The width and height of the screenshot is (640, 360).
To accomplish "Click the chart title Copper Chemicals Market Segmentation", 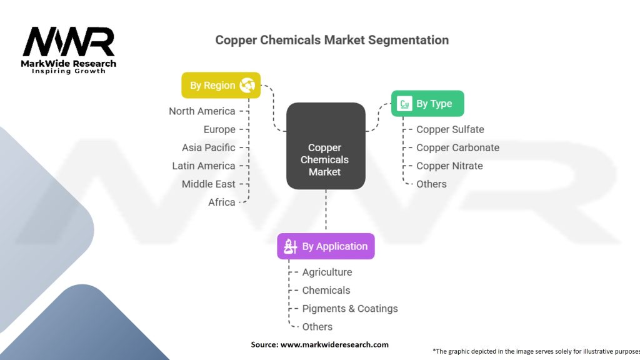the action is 332,40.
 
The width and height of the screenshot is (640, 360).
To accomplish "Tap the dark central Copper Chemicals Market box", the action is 325,146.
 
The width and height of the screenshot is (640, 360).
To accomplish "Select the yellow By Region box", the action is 220,85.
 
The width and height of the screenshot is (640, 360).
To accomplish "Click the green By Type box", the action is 427,104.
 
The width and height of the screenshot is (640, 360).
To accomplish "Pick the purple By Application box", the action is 326,246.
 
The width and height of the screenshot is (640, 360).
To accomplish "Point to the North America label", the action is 202,111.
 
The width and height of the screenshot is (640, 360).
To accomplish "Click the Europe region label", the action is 219,129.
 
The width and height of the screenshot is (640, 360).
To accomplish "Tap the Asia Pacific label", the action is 209,147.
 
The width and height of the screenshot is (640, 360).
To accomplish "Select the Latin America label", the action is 204,166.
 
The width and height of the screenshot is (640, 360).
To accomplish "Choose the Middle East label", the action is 209,184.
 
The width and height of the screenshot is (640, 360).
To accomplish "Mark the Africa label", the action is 222,202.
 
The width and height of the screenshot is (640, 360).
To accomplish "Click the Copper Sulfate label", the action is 450,129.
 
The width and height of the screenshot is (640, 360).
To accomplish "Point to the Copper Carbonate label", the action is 457,147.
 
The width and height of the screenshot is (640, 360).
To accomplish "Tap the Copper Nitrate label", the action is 449,166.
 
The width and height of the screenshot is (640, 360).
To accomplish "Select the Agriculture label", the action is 327,272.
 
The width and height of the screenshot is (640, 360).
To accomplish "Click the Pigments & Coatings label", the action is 350,308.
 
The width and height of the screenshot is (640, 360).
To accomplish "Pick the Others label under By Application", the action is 317,326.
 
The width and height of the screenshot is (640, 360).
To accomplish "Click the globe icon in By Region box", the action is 246,85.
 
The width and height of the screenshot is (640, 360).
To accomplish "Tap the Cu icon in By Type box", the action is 404,104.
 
